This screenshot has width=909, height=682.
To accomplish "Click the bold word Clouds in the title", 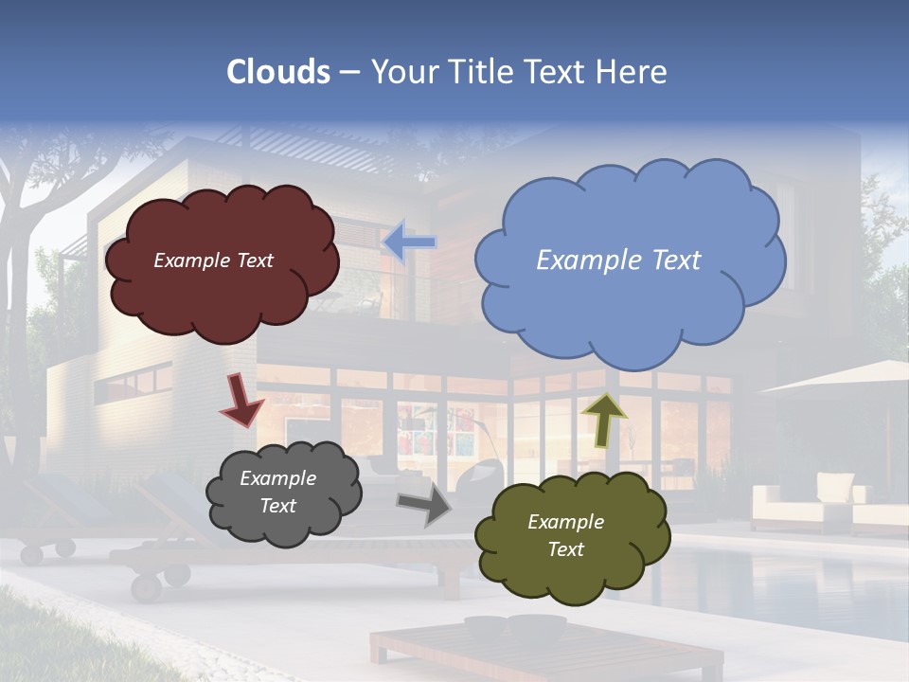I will (278, 72).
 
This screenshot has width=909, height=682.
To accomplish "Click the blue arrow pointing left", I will (409, 242).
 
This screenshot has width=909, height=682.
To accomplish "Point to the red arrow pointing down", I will (241, 399).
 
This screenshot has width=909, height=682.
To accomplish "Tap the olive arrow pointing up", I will (604, 420).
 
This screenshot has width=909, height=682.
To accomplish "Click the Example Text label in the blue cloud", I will (618, 260).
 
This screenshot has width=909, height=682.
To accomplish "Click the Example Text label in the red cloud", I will (213, 260).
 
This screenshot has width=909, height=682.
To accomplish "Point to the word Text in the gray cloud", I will (277, 506).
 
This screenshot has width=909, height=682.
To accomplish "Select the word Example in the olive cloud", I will (565, 522).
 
